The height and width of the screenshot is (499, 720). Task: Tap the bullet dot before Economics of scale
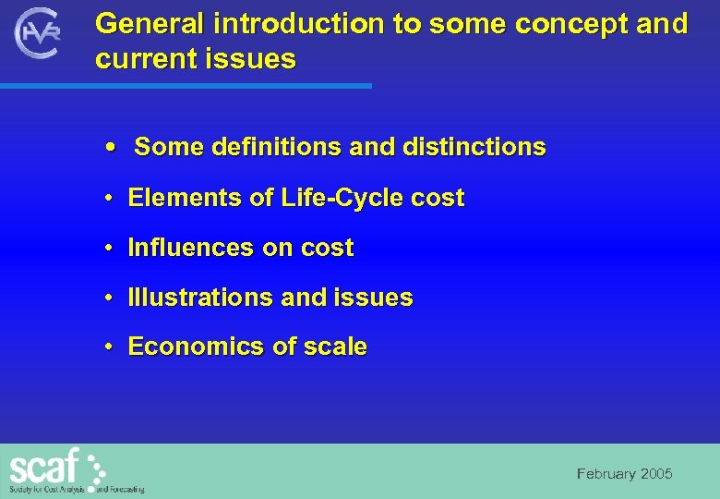tap(109, 347)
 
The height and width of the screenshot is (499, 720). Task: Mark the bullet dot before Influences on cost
tap(109, 249)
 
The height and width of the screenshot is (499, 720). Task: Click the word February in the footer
tap(606, 474)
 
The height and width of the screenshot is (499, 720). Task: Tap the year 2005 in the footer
tap(656, 474)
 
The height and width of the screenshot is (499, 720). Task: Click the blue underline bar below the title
tap(185, 86)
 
